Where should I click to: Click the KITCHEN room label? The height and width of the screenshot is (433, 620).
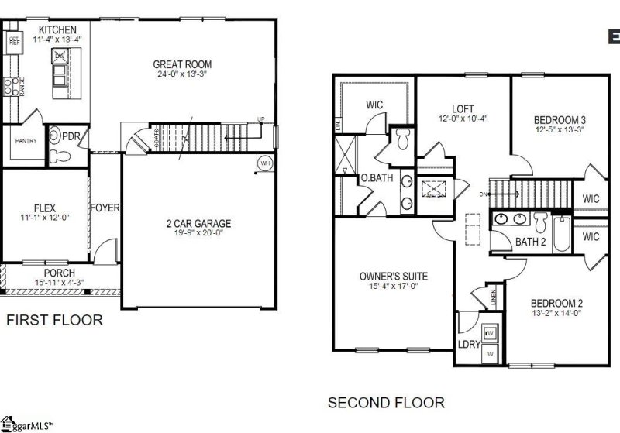coord(58,29)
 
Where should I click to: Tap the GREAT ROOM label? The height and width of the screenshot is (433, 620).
coord(182,64)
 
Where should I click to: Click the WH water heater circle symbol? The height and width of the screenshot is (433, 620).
coord(264,163)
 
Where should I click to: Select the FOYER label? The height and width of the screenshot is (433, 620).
coord(105,208)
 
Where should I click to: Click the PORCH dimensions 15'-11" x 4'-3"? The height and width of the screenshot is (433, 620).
coord(59,283)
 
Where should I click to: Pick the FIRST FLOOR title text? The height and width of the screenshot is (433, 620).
coord(53,319)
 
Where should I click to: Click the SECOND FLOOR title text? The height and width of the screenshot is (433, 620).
coord(386,402)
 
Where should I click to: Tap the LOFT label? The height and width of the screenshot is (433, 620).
coord(463,108)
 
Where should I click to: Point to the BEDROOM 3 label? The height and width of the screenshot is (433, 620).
coord(559,119)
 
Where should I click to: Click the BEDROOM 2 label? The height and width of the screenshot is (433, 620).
coord(557,303)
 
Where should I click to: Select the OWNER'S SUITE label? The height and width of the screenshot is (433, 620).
coord(394,276)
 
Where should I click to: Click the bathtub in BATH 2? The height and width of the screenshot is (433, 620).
coord(561,235)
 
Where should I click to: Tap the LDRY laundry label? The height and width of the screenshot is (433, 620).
coord(468,343)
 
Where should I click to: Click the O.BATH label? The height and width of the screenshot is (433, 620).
coord(377,177)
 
